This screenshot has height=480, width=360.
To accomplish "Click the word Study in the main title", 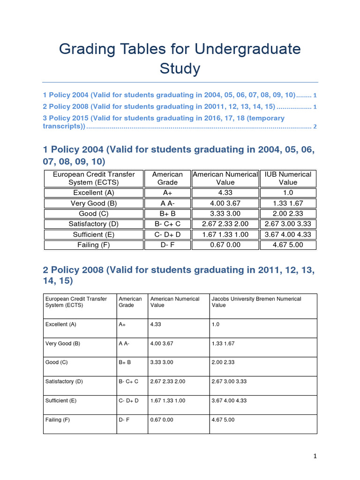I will point(180,69).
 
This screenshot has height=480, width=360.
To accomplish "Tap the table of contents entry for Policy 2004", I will point(169,95).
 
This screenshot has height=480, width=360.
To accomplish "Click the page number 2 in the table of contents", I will point(315,127).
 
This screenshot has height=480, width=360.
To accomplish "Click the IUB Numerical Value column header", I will point(288,178).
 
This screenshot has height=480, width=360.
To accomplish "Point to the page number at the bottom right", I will point(315,456).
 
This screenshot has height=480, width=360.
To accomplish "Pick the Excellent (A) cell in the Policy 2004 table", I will point(94,193).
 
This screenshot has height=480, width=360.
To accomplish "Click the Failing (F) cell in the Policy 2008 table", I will point(58,420).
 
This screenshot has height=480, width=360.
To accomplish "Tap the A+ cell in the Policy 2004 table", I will point(167,193).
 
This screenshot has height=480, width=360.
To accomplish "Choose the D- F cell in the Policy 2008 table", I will point(124,420).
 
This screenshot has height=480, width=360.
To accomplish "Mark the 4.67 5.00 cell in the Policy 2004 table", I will point(288,245).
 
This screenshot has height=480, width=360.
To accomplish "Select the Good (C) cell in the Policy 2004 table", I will point(94,214).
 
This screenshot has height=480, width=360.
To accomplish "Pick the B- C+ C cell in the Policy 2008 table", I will point(128,382).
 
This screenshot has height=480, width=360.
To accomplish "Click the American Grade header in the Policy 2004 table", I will point(167,178).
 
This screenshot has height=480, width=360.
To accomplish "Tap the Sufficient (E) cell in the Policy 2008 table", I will point(60,401).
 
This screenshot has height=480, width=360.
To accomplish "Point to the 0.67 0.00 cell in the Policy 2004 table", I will point(225,245).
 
